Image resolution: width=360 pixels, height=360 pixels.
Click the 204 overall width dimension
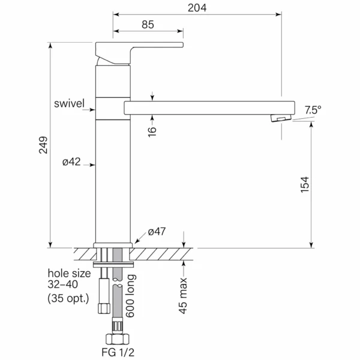(197, 8)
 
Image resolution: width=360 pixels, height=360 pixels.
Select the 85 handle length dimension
(148, 25)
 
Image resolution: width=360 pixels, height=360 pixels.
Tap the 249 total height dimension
(43, 145)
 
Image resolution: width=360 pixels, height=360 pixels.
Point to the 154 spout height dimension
(305, 185)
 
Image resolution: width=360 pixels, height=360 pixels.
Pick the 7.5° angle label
(313, 110)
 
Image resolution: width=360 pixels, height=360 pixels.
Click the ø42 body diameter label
(71, 162)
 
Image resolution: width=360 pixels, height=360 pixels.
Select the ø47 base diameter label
(157, 232)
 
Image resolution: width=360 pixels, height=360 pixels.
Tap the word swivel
(70, 103)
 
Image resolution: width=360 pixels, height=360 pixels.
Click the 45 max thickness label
(183, 295)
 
